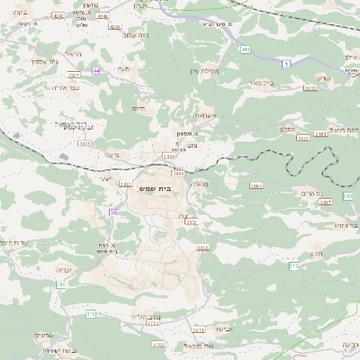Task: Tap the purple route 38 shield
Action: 113,212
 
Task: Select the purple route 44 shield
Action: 97,69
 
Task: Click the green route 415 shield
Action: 245,49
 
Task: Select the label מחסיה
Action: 200,183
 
